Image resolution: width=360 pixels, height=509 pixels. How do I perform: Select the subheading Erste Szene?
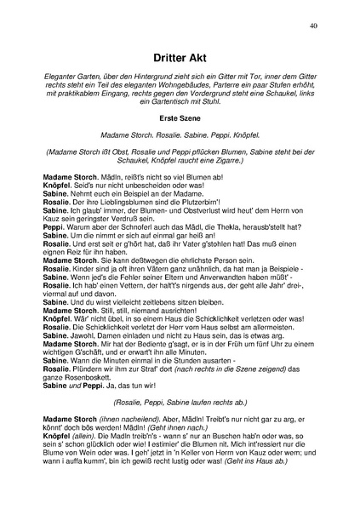point(180,117)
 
